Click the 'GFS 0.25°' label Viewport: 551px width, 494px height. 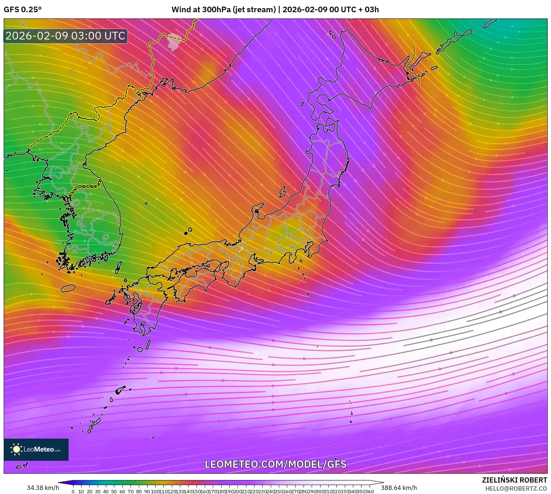22,10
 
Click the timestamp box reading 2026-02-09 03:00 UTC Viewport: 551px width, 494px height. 66,36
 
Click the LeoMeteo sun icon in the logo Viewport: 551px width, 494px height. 16,449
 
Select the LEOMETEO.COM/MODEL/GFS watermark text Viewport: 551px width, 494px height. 275,464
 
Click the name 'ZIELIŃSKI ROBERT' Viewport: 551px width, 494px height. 514,480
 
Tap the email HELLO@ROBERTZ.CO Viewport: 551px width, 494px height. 516,488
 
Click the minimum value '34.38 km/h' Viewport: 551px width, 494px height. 43,488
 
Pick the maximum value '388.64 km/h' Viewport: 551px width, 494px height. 399,488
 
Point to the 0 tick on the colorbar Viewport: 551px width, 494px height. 73,491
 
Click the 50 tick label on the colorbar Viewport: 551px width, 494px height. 114,491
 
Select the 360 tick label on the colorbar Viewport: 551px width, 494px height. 370,491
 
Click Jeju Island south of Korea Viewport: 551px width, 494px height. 68,288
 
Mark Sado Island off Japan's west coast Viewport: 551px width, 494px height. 283,192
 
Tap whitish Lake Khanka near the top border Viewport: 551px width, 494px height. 173,42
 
